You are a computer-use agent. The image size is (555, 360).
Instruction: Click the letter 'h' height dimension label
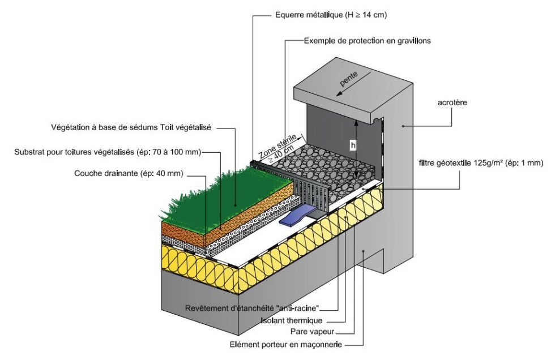pos(353,145)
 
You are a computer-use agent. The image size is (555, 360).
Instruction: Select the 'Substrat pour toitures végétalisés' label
pos(108,152)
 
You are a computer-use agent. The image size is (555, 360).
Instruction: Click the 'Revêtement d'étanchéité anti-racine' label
pos(253,308)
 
